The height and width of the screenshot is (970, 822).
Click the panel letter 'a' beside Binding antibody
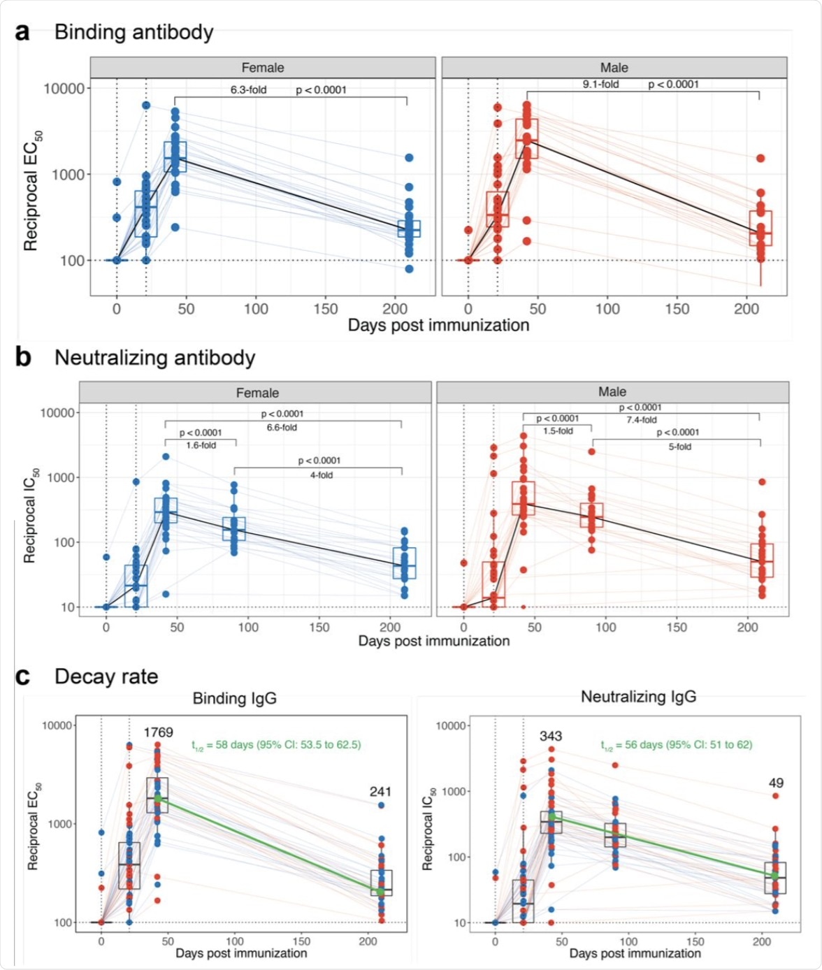[22, 32]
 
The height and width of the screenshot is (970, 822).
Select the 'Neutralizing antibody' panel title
[154, 358]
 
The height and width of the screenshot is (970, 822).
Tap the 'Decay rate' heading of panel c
[106, 676]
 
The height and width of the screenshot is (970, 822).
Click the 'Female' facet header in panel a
[263, 68]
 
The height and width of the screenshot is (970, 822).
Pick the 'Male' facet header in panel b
[612, 392]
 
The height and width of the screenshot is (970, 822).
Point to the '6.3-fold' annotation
[249, 90]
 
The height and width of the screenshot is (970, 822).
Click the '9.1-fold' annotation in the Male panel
[601, 85]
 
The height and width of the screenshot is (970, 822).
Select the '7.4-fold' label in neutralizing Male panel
[642, 420]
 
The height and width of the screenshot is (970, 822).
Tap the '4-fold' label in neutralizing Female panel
[322, 475]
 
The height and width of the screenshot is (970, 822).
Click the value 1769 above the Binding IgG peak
[158, 732]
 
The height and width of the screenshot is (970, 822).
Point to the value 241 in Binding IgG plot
[380, 792]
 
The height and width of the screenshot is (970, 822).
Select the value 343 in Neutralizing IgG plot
[551, 736]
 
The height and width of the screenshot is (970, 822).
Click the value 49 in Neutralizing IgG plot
[776, 783]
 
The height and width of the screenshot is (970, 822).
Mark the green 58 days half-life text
[276, 745]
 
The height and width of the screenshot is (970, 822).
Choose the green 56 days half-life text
[677, 745]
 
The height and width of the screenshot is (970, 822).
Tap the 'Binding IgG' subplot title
[235, 698]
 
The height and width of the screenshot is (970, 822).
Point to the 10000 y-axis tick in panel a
[64, 89]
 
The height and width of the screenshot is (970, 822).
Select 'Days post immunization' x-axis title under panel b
[434, 641]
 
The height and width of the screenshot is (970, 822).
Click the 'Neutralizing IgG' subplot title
[638, 697]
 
